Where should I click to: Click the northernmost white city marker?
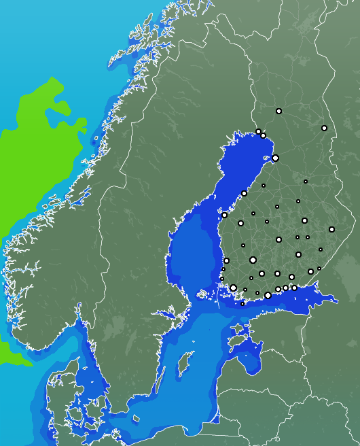tap(278, 111)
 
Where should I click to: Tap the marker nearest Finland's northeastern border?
tap(324, 128)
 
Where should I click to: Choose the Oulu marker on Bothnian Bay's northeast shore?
tap(275, 158)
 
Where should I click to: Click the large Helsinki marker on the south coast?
tap(268, 295)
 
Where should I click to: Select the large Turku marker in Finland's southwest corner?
tap(233, 288)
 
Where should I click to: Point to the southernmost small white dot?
tap(242, 304)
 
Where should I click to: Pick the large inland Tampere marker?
tap(253, 260)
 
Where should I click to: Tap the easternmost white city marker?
tap(331, 229)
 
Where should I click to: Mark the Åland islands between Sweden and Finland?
tap(204, 294)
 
